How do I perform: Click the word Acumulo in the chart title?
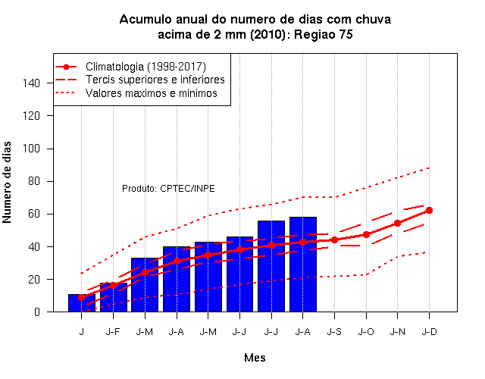[x=145, y=20]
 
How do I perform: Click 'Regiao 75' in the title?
[x=324, y=34]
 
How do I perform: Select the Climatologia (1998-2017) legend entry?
[x=130, y=67]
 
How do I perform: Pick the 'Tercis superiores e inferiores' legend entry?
[x=139, y=80]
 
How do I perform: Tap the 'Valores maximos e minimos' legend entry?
[x=136, y=92]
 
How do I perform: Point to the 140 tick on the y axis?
[x=31, y=83]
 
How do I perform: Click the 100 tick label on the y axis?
[x=31, y=149]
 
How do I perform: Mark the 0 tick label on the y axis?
[x=37, y=312]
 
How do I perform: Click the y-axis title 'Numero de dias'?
[x=7, y=182]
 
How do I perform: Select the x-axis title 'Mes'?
[x=255, y=358]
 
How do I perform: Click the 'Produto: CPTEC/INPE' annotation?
[x=168, y=189]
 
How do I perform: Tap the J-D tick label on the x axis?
[x=430, y=332]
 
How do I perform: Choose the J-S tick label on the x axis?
[x=334, y=332]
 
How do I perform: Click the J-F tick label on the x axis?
[x=113, y=332]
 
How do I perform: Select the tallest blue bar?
[x=303, y=265]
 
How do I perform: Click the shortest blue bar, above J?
[x=82, y=303]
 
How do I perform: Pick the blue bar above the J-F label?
[x=113, y=297]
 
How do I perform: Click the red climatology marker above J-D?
[x=430, y=211]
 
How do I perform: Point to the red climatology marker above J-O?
[x=366, y=234]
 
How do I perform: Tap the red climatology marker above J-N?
[x=397, y=223]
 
